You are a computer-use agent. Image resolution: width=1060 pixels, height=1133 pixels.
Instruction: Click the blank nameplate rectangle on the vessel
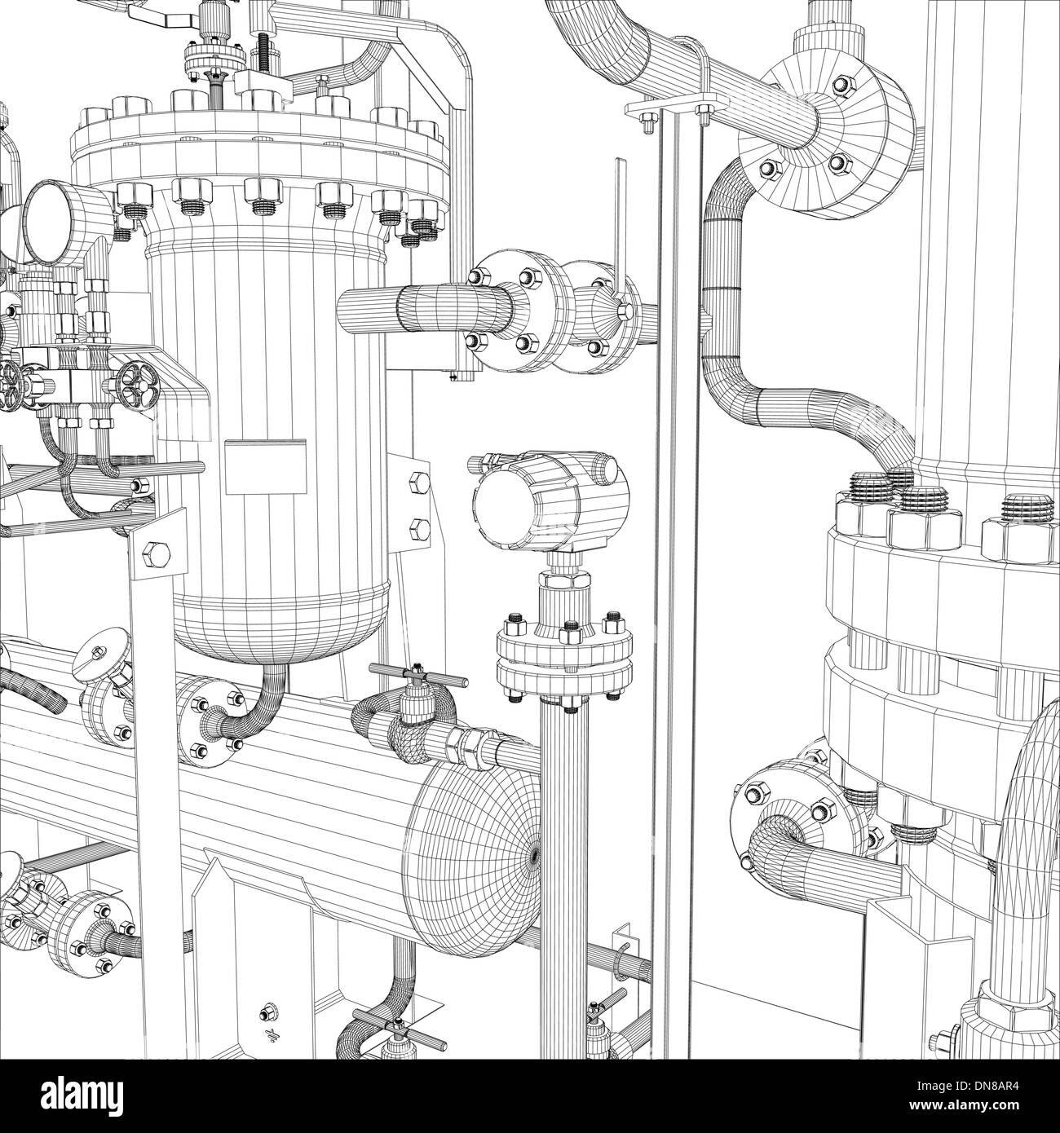point(266,467)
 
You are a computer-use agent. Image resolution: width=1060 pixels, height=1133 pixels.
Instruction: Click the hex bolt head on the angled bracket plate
point(155,554)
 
